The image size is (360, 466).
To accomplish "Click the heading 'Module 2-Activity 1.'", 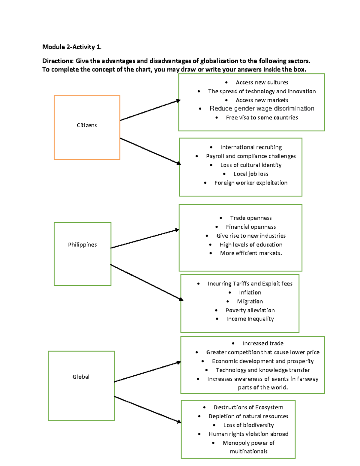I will pos(72,47).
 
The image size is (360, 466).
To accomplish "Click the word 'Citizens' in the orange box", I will pos(87,125).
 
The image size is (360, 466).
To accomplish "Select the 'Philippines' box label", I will pos(82,245).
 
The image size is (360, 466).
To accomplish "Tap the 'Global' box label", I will pos(81,377).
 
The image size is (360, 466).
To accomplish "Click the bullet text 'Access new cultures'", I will pos(262,82).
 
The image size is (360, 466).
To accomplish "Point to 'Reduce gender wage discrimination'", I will pos(262,109).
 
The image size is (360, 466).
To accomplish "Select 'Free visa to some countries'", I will pos(262,118).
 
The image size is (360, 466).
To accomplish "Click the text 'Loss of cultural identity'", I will pos(251,165).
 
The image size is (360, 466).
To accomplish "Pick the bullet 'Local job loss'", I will pos(251,174).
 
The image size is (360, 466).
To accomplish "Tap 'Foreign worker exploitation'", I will pos(251,183).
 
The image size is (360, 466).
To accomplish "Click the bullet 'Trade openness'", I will pos(251,218).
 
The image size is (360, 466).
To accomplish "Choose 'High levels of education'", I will pos(251,245).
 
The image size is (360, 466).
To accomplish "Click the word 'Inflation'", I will pos(250,293).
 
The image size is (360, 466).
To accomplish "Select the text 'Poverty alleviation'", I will pos(250,310).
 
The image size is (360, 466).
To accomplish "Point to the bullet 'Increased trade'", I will pos(263,343).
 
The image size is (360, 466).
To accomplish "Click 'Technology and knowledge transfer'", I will pos(263,370).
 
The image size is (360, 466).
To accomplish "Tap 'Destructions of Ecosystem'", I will pos(248,407).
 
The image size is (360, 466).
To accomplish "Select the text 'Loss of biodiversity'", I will pos(248,425).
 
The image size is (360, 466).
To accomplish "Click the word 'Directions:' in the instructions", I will pos(58,61).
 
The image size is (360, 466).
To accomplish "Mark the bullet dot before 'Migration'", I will pos(228,302).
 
